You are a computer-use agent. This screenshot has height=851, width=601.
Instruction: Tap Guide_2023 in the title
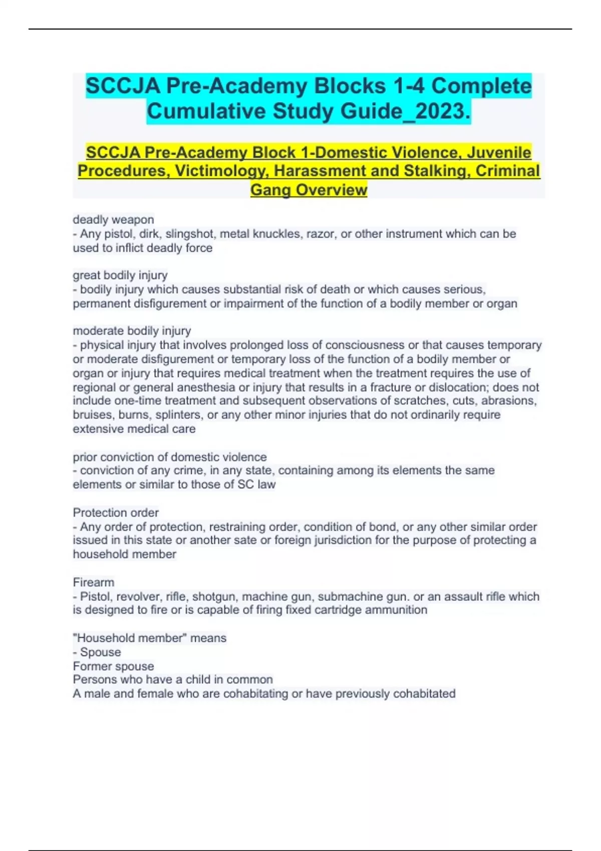click(x=406, y=111)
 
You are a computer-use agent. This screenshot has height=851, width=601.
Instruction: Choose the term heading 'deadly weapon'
click(x=113, y=219)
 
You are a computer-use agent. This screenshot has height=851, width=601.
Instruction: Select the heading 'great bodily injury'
click(x=120, y=275)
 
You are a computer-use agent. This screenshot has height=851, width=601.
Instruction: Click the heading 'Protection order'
click(x=116, y=512)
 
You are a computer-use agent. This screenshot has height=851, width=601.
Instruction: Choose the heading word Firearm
click(x=94, y=582)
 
